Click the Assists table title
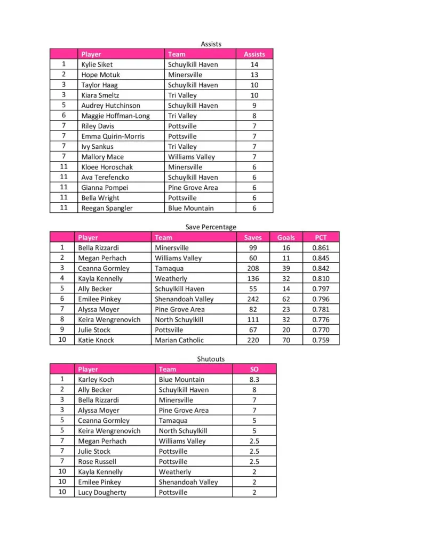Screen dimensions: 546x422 tap(211, 44)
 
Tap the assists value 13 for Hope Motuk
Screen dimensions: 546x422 tap(254, 75)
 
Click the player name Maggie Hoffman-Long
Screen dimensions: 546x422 tap(115, 116)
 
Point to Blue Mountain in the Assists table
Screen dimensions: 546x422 tap(190, 208)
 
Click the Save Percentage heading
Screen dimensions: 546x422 tap(211, 227)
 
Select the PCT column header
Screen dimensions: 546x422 tap(320, 237)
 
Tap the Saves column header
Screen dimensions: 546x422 tap(253, 237)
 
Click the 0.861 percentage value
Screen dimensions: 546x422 tap(321, 248)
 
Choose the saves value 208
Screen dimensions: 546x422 tap(253, 268)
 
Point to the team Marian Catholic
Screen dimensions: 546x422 tap(179, 340)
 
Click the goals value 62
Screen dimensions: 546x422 tap(286, 299)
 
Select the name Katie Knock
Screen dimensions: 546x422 tap(96, 340)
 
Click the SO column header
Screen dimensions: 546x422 tap(254, 369)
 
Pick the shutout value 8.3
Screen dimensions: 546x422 tap(254, 380)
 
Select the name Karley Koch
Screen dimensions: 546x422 tap(96, 380)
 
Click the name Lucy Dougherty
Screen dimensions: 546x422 tap(102, 492)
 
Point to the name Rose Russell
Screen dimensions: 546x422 tap(97, 461)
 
